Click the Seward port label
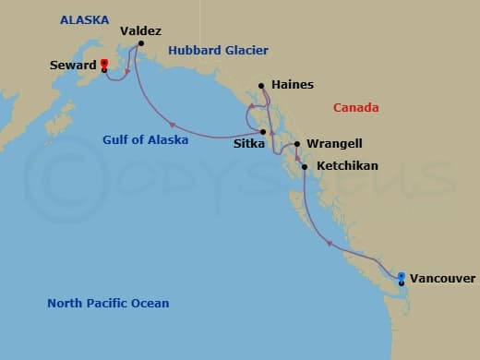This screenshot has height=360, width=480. click(x=74, y=66)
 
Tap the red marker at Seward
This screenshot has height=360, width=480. click(x=103, y=64)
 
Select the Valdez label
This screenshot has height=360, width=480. click(x=141, y=30)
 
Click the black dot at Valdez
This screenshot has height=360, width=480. click(x=141, y=43)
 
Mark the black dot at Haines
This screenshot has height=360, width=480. click(x=262, y=86)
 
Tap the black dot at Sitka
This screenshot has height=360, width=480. click(x=264, y=132)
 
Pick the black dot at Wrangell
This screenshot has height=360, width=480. click(x=297, y=144)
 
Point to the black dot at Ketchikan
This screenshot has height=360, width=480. click(x=304, y=167)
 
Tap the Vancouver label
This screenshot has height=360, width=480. click(x=442, y=278)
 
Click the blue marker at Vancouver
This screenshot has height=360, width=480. click(x=401, y=276)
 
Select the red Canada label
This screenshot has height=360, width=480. click(x=355, y=108)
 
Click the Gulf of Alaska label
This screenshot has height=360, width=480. click(x=145, y=140)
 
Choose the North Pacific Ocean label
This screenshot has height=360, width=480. click(x=108, y=303)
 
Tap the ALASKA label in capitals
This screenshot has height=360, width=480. click(x=84, y=19)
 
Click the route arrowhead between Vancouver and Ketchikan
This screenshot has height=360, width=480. click(x=330, y=243)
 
